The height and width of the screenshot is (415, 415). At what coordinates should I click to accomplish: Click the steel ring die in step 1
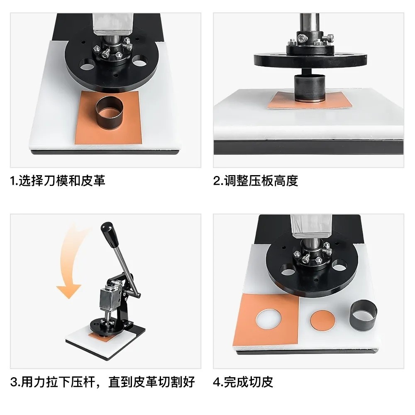(109, 112)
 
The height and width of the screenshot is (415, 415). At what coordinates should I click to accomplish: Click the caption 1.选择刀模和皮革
(58, 181)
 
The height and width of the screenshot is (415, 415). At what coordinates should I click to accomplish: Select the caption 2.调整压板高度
(256, 181)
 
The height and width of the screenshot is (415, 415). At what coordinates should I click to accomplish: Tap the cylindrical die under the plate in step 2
(309, 88)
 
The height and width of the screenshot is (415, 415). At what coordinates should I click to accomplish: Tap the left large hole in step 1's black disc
(87, 64)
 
